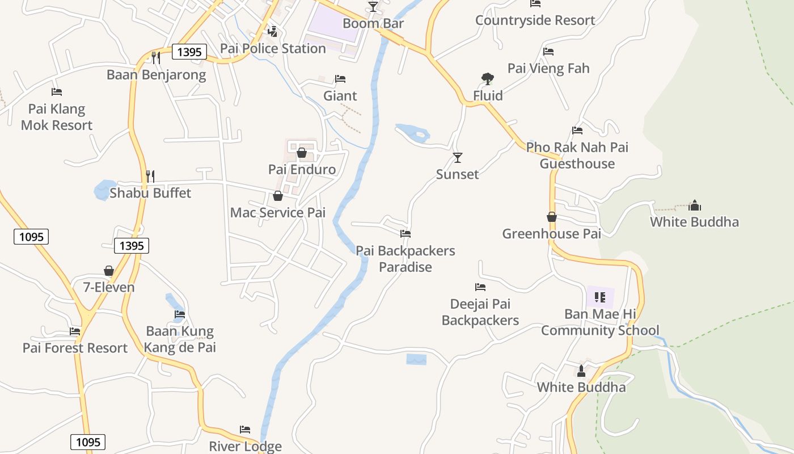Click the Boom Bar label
click(373, 23)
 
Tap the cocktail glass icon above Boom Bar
click(373, 6)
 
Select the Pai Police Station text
click(273, 48)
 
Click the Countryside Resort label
click(535, 20)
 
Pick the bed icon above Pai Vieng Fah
click(548, 52)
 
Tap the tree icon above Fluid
click(487, 79)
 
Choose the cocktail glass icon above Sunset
click(458, 157)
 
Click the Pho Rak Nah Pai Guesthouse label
click(577, 155)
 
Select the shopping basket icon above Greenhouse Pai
click(552, 217)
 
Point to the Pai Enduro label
click(302, 169)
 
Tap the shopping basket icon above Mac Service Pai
click(278, 196)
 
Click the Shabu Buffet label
click(150, 193)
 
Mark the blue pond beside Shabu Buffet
click(103, 190)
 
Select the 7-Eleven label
click(109, 287)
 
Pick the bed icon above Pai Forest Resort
click(75, 331)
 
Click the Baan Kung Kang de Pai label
click(180, 339)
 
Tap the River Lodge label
click(245, 446)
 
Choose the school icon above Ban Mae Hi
click(600, 297)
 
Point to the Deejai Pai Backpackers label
click(480, 312)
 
